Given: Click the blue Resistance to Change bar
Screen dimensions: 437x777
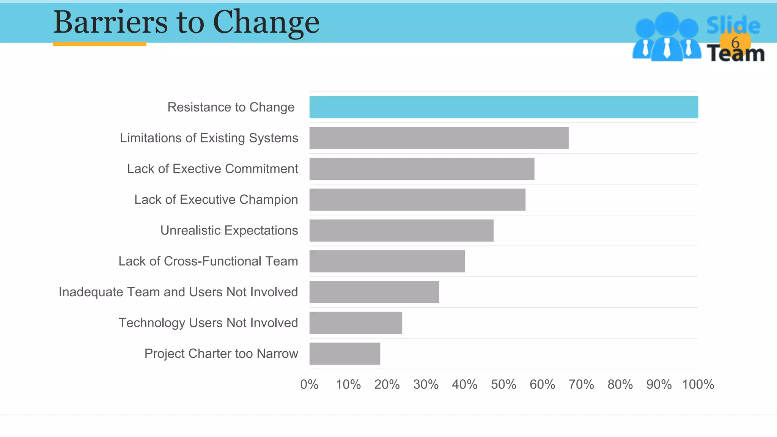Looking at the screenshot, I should (503, 107).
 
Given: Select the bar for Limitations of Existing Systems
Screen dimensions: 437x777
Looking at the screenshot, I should (439, 138).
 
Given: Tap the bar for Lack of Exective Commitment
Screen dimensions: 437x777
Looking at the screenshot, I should (422, 169).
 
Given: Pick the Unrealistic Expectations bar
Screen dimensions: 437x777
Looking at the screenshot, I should (401, 230).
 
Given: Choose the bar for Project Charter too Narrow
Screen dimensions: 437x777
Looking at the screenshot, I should (344, 354).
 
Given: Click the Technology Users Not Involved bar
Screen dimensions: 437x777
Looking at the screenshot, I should (355, 323).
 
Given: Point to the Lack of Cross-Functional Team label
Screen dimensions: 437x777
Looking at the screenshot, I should (208, 261).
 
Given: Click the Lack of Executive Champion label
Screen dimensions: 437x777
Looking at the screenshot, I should (216, 200).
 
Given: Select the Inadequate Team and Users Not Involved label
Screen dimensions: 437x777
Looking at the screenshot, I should (178, 292).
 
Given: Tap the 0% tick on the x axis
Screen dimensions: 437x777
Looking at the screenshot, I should (309, 385).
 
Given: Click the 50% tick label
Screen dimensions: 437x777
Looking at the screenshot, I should (503, 385).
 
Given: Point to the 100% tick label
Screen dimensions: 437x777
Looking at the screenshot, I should (698, 385).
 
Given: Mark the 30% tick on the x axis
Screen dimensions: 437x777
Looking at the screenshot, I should (426, 385).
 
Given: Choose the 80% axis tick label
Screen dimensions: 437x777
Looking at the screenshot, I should (620, 385).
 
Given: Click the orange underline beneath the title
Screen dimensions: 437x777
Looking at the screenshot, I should (99, 44).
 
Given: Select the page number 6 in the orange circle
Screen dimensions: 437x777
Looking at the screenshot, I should (735, 42).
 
